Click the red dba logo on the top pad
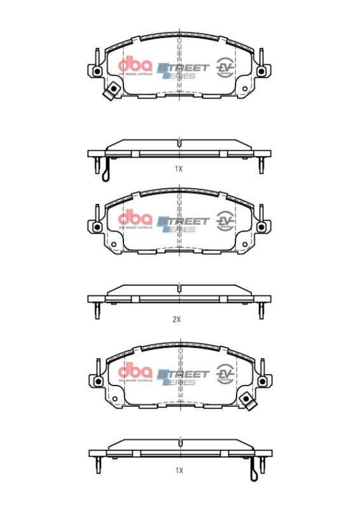tap(135, 66)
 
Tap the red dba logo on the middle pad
tap(135, 220)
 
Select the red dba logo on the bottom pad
tap(135, 372)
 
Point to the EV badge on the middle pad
tap(225, 220)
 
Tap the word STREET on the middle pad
tap(184, 221)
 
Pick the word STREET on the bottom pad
tap(184, 373)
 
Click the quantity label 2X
tap(177, 320)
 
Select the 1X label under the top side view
tap(179, 169)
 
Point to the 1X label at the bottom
tap(179, 470)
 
